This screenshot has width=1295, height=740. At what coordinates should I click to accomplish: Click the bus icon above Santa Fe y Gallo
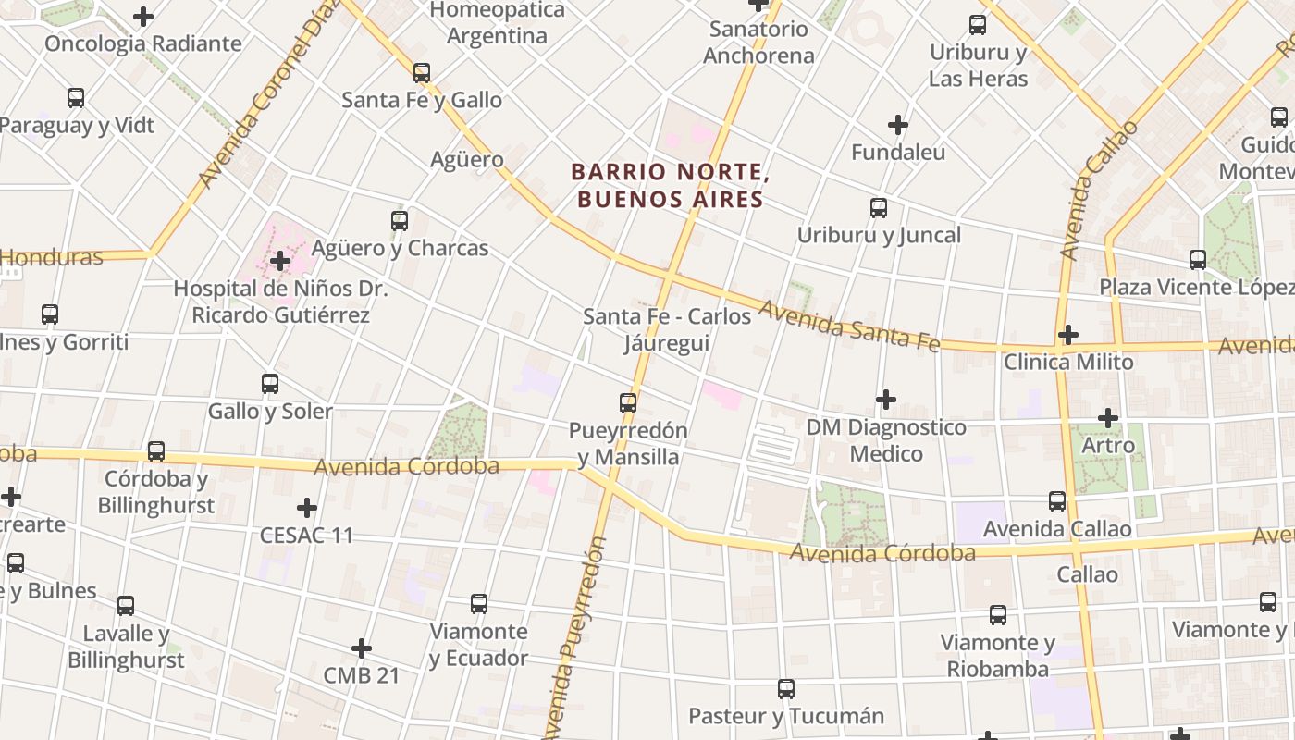click(422, 72)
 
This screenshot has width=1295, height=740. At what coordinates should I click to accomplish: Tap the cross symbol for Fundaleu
click(897, 124)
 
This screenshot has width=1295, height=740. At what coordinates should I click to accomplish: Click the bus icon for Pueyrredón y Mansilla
click(628, 403)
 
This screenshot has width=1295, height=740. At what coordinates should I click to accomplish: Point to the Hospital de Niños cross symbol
click(280, 262)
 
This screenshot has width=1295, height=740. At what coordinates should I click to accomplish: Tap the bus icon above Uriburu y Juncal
click(879, 208)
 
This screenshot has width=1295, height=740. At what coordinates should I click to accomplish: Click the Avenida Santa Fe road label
click(849, 327)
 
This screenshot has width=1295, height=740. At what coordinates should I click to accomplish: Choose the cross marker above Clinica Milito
click(1068, 334)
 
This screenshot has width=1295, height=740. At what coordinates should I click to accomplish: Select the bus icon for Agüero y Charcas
click(400, 221)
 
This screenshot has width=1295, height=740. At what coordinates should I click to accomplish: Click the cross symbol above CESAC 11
click(307, 508)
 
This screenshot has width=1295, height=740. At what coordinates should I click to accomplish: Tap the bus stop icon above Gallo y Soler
click(270, 384)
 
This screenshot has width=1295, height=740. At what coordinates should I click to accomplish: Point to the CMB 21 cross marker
click(362, 648)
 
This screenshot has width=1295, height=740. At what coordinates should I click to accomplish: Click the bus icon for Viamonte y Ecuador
click(479, 604)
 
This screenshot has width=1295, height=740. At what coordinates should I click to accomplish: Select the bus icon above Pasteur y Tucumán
click(786, 689)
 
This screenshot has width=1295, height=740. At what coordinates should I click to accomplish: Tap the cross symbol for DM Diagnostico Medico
click(886, 400)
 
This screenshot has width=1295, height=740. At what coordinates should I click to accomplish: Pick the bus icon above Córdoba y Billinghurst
click(156, 451)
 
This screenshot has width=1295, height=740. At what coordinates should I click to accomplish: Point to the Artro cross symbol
click(1108, 418)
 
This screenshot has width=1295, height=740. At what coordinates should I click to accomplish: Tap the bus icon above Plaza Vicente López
click(1198, 260)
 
